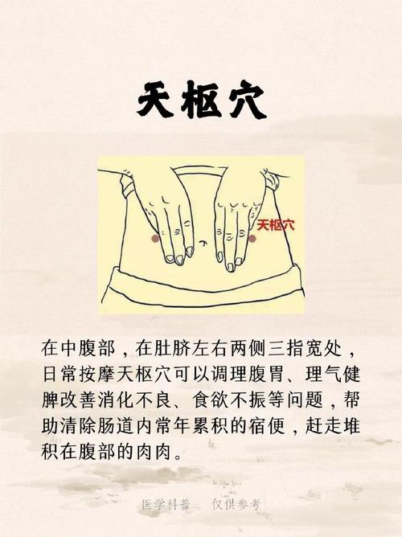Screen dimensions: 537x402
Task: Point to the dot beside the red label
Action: click(252, 238)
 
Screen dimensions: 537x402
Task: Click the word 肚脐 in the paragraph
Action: click(175, 350)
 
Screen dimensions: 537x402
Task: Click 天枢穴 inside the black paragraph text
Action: click(155, 375)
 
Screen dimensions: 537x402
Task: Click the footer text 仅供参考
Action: click(236, 505)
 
